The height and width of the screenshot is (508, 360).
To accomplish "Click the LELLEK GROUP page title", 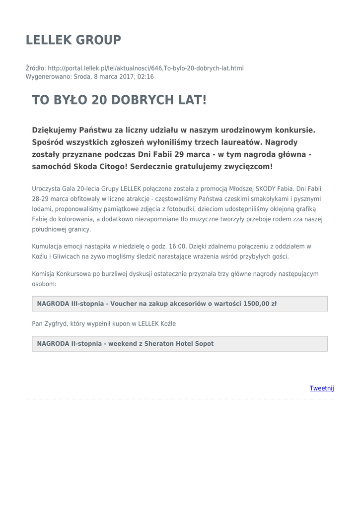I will click(x=73, y=40).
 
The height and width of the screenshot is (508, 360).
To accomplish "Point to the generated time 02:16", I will click(x=146, y=77).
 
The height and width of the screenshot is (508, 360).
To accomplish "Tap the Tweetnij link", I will click(x=322, y=388).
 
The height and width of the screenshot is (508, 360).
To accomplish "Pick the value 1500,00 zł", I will click(x=260, y=304).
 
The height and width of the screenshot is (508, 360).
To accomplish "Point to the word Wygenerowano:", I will click(x=49, y=77).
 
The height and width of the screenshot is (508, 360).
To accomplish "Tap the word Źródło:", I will click(x=36, y=68).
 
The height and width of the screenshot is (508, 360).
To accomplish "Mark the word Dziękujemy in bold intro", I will click(x=54, y=130).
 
